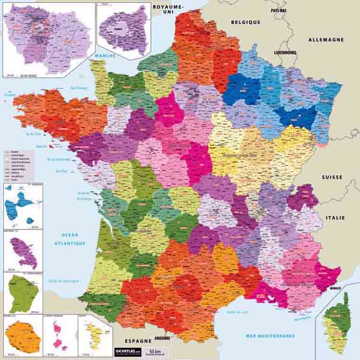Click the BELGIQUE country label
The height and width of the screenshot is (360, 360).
245,22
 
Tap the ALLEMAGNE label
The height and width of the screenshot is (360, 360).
326,40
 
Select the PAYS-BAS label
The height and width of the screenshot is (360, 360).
278,10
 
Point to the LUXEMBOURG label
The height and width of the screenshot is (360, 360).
285,52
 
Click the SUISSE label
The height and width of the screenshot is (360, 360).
332,177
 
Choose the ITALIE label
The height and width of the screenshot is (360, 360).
335,217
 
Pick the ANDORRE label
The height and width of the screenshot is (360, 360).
163,338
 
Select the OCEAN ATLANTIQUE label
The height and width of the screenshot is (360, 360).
73,239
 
